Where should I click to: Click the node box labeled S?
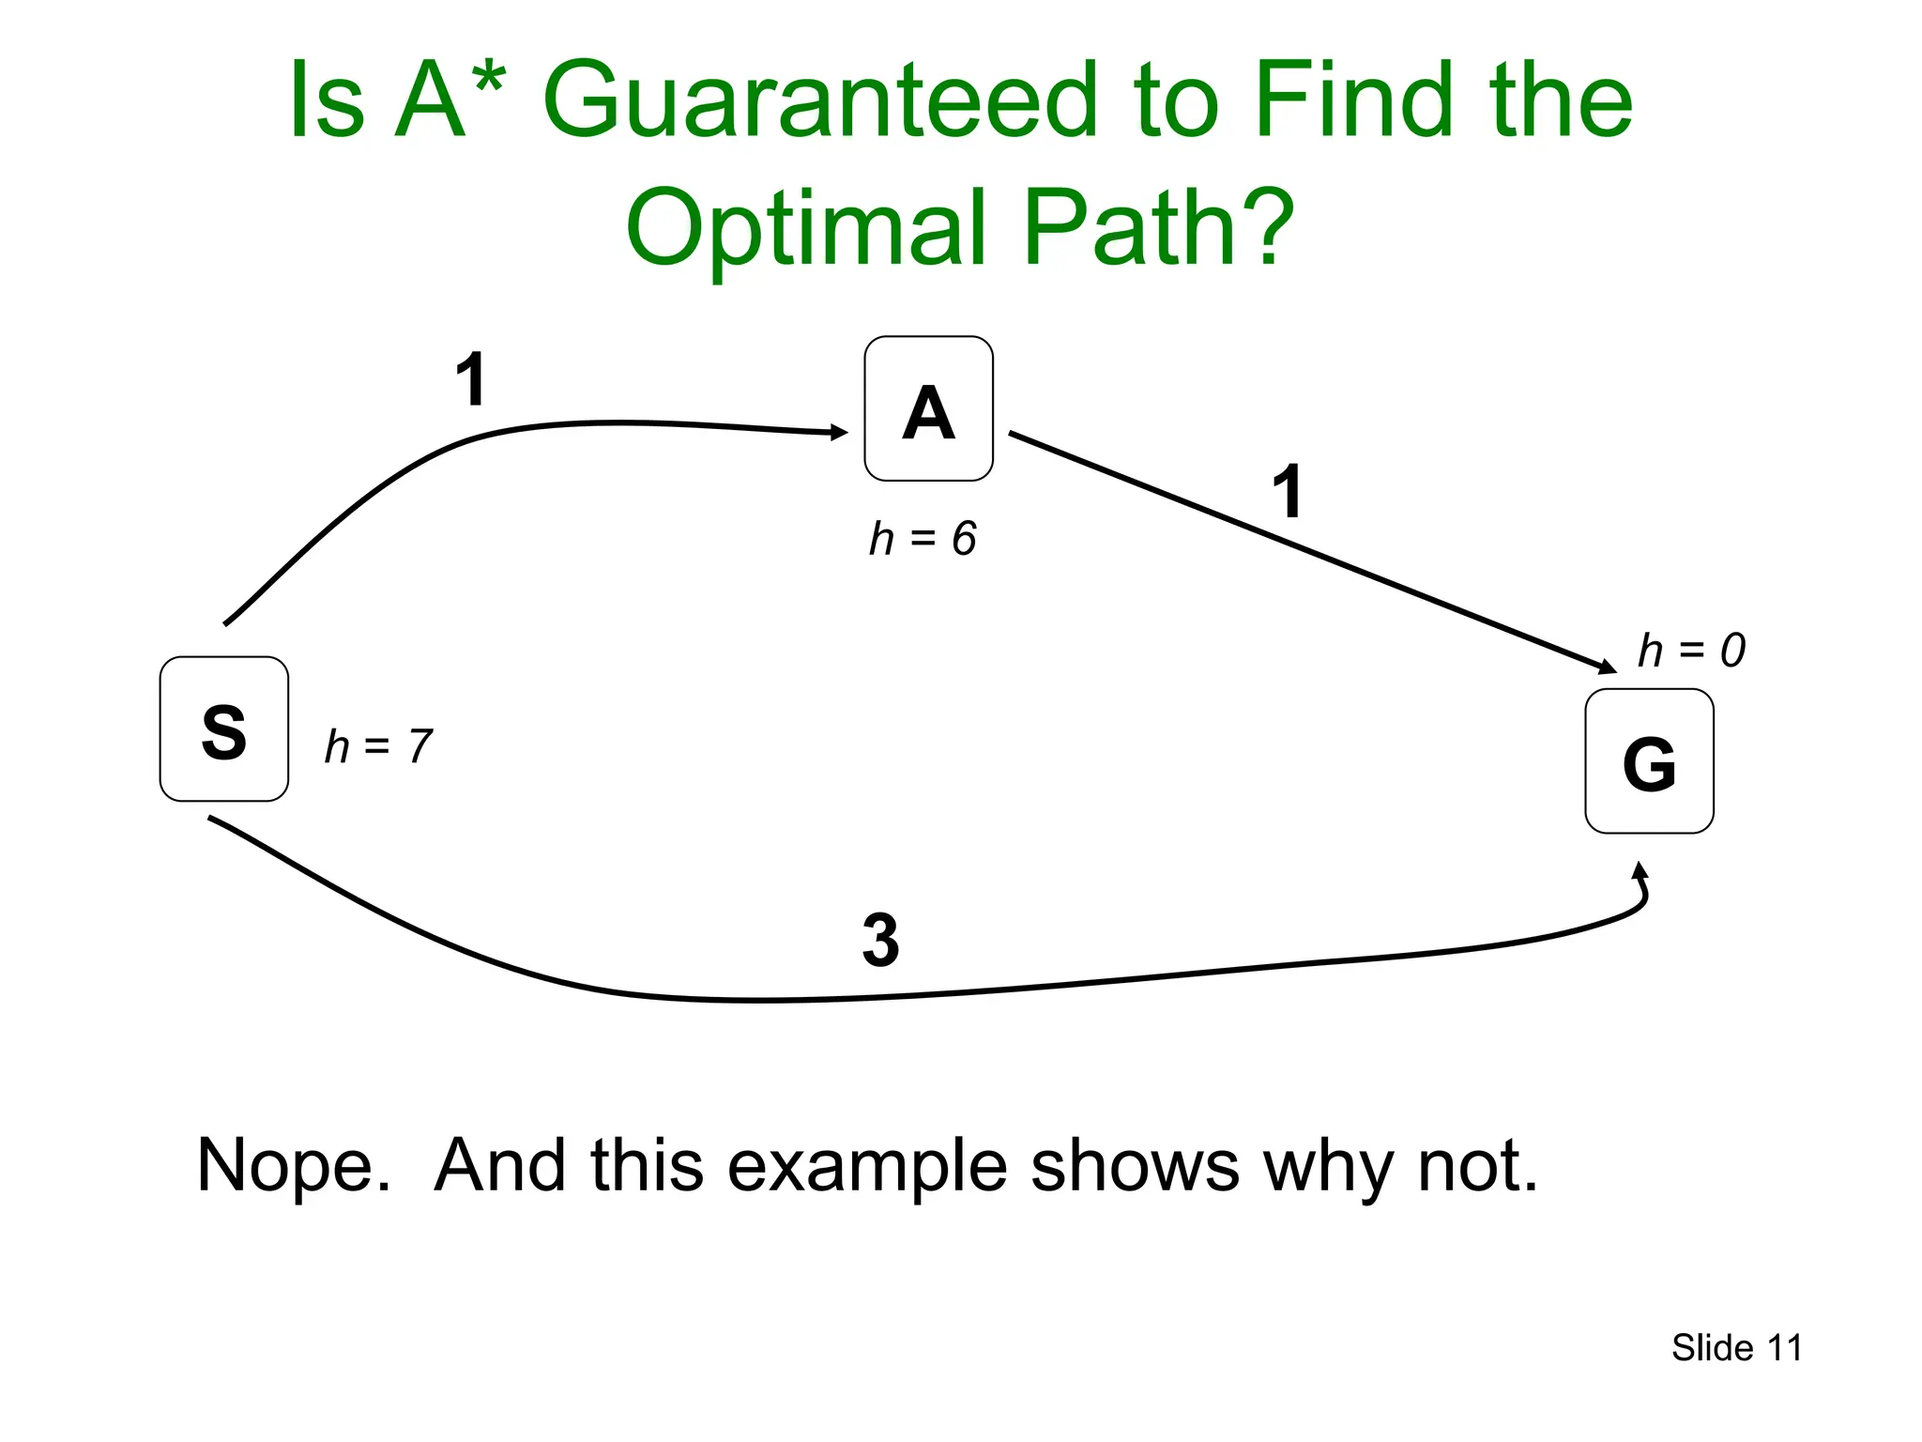[x=223, y=729]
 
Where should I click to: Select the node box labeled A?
[x=928, y=409]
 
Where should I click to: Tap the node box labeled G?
[x=1649, y=761]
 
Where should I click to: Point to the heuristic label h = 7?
[x=378, y=747]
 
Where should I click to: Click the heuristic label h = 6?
[x=923, y=539]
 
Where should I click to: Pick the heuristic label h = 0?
[x=1691, y=650]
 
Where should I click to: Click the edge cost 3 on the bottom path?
[x=880, y=940]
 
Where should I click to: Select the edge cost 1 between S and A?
[x=471, y=379]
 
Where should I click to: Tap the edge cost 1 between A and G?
[x=1288, y=491]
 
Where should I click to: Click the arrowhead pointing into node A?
[x=840, y=432]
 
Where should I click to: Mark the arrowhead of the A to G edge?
[x=1608, y=667]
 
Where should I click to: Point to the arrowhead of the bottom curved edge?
[x=1640, y=870]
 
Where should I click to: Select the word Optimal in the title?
[x=805, y=227]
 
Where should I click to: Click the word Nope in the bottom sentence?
[x=292, y=1165]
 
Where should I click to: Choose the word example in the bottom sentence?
[x=867, y=1167]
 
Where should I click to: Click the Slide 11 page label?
[x=1736, y=1348]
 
